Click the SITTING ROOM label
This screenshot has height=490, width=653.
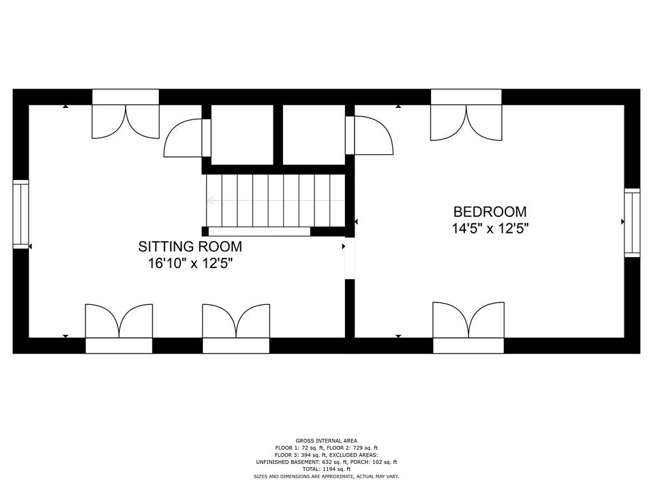tap(190, 246)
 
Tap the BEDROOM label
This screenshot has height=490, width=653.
tap(490, 212)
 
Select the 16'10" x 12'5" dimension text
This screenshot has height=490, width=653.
tap(190, 264)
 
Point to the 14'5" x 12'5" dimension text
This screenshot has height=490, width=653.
tap(490, 228)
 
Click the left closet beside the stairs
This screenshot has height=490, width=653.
tap(242, 135)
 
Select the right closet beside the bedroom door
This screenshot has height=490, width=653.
tap(313, 135)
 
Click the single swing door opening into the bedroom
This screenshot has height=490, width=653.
tap(373, 135)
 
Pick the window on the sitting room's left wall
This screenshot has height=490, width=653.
tap(21, 214)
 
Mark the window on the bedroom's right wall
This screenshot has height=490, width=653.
tap(631, 223)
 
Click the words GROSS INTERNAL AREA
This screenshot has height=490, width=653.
tap(326, 440)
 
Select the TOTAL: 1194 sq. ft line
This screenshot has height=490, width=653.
tap(326, 469)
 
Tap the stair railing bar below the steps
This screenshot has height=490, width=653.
tap(260, 232)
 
